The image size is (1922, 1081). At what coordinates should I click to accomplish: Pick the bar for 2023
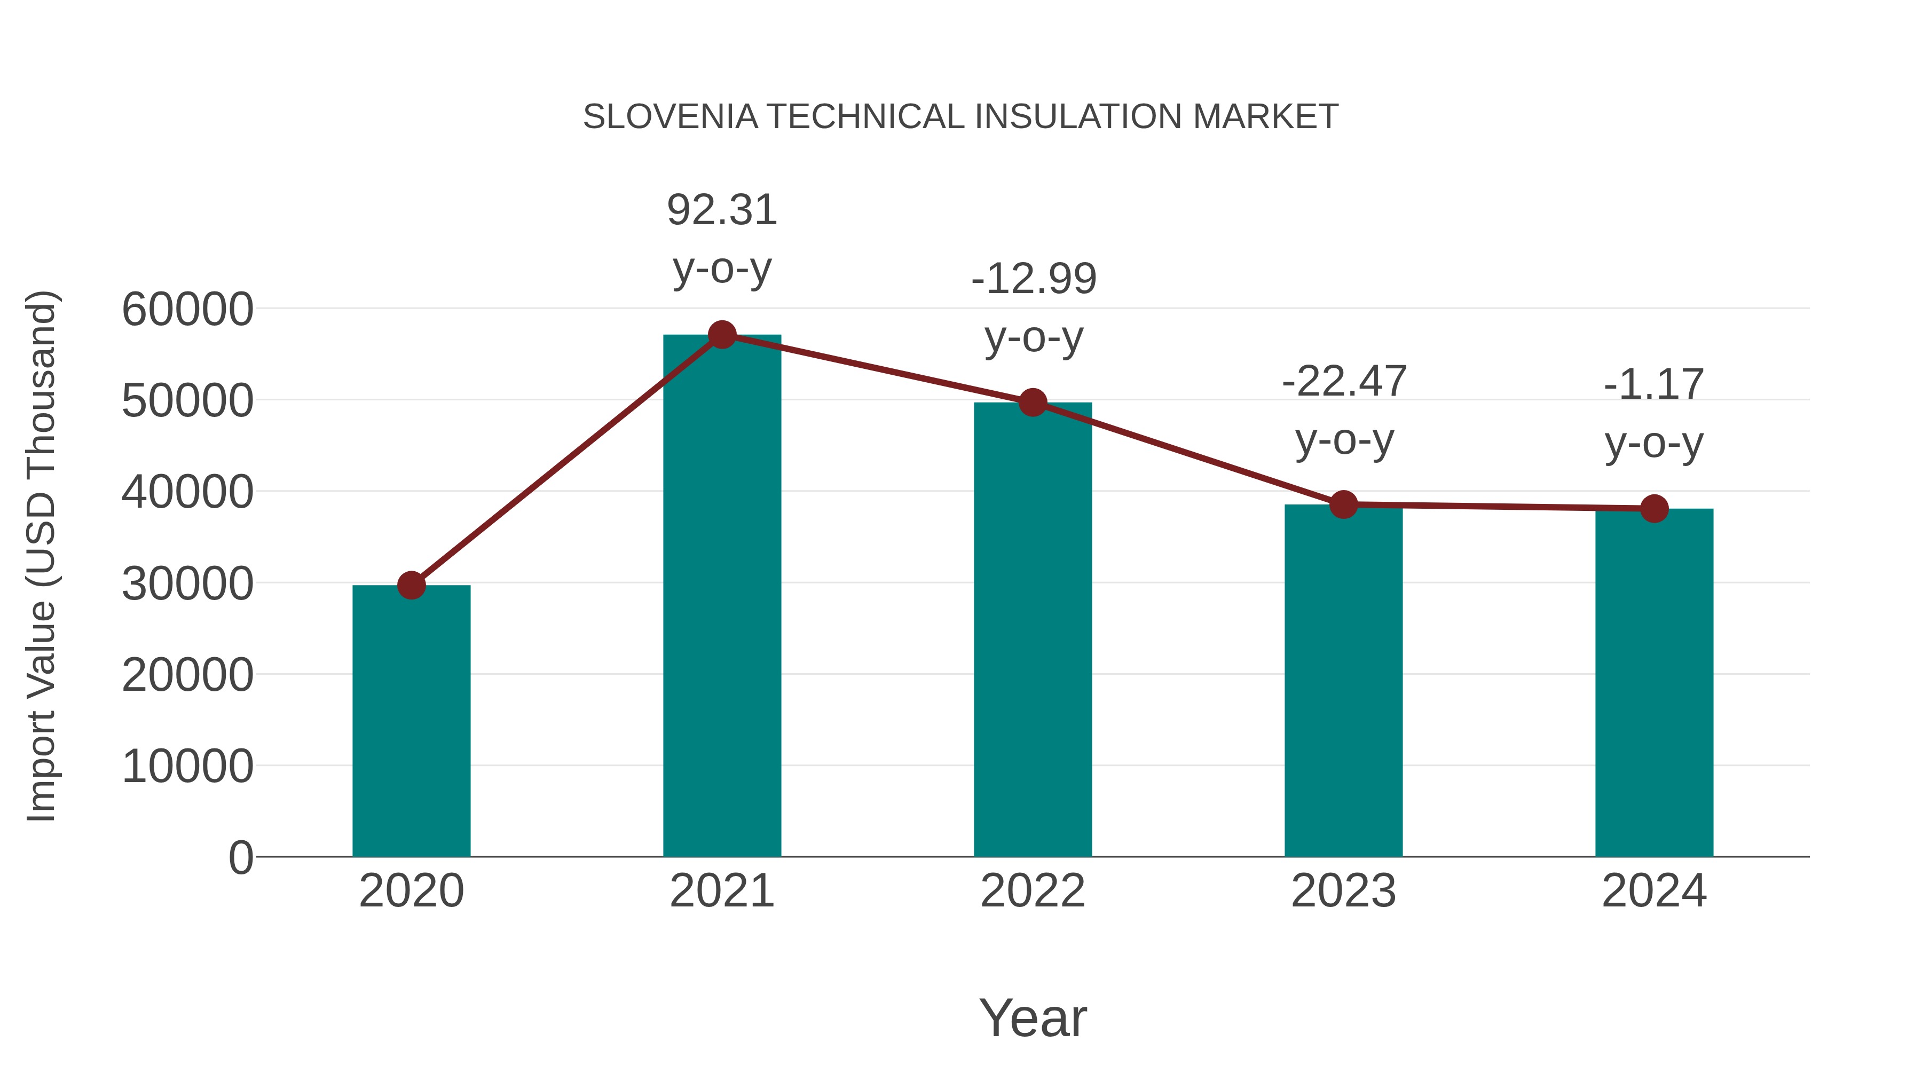tap(1343, 681)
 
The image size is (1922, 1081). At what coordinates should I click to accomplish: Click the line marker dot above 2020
tap(411, 586)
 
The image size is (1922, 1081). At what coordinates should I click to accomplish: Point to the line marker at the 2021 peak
tap(721, 335)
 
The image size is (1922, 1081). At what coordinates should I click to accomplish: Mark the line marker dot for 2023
tap(1343, 505)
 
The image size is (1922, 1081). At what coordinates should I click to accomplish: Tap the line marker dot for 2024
tap(1654, 509)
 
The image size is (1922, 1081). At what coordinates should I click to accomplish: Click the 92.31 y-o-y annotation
tap(721, 210)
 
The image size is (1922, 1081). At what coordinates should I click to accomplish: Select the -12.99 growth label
tap(1034, 279)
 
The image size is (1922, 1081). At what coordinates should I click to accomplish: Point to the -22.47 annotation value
tap(1344, 382)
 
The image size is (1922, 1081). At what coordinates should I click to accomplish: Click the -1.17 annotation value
tap(1653, 385)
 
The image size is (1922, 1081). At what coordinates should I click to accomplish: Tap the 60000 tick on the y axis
tap(187, 309)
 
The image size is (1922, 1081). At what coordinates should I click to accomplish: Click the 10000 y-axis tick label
tap(187, 766)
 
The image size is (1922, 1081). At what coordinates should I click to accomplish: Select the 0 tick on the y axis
tap(240, 857)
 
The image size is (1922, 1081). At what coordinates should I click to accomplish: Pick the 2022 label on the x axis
tap(1033, 891)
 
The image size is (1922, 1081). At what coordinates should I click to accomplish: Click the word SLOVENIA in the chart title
tap(670, 117)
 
